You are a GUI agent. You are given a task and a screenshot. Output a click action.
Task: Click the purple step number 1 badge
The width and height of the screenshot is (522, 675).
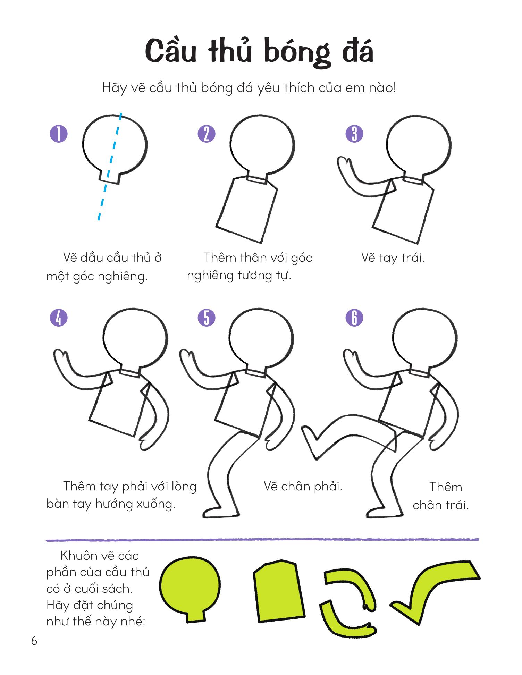[x=59, y=134]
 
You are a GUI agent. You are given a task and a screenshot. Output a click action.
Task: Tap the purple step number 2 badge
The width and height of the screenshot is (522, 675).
[x=207, y=134]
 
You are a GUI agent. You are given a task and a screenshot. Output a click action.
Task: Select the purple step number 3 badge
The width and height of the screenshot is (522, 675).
[x=354, y=134]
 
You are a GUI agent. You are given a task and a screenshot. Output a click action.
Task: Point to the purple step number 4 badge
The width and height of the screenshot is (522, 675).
[x=59, y=318]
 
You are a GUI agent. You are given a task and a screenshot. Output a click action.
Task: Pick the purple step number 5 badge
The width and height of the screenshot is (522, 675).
[x=207, y=318]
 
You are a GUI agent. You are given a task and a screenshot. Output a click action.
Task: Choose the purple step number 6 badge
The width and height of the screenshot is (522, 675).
[x=354, y=318]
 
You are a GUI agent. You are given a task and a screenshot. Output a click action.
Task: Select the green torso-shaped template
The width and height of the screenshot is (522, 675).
[x=279, y=591]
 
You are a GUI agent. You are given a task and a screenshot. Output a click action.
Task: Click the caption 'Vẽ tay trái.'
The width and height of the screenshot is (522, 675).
[x=393, y=258]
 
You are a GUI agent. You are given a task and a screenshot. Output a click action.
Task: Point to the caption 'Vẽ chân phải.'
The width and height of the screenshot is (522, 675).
[x=303, y=487]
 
